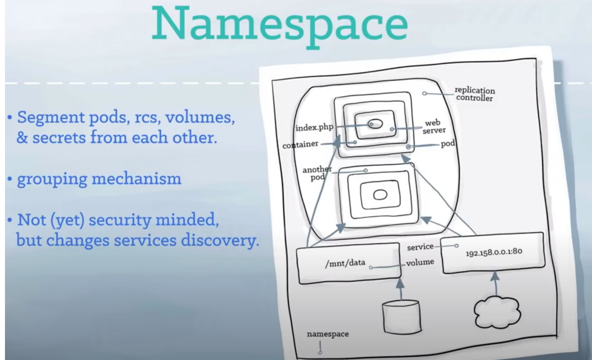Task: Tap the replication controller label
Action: pyautogui.click(x=475, y=94)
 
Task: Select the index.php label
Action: pyautogui.click(x=314, y=127)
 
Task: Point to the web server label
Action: pyautogui.click(x=434, y=127)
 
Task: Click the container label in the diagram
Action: pyautogui.click(x=300, y=145)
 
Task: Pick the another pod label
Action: pyautogui.click(x=317, y=173)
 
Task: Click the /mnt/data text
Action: pyautogui.click(x=345, y=263)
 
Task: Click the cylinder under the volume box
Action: pyautogui.click(x=401, y=317)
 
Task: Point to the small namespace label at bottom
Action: pyautogui.click(x=328, y=334)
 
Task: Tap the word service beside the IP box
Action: pyautogui.click(x=420, y=247)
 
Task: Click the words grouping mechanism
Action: pyautogui.click(x=99, y=179)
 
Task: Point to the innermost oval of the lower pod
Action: pyautogui.click(x=380, y=195)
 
